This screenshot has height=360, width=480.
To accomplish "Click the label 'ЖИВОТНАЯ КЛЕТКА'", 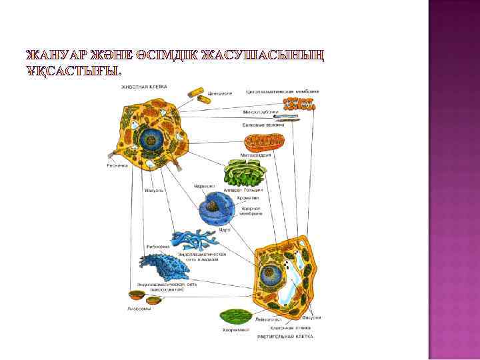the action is [x=144, y=86].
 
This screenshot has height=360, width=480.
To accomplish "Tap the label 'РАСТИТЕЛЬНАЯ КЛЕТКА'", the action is [x=285, y=337].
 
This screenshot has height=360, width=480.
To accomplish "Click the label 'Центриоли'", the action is [x=220, y=93].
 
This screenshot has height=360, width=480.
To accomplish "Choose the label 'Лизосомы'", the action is [x=139, y=309].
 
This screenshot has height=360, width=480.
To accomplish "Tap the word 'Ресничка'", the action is [x=117, y=165].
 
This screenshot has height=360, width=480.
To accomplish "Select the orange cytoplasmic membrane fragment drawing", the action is [x=299, y=104].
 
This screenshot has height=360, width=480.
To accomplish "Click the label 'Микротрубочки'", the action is [x=256, y=112].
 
